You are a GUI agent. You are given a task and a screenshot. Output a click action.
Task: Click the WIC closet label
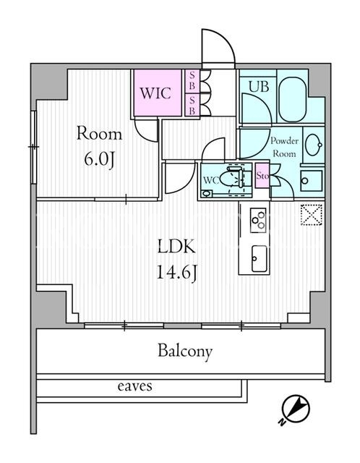(155, 93)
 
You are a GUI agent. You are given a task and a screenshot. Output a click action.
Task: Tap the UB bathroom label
(259, 87)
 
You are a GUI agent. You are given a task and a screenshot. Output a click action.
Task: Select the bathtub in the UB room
(293, 96)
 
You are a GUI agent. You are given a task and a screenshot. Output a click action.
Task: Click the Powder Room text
(285, 148)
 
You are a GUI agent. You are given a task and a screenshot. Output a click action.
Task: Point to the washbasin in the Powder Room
(314, 145)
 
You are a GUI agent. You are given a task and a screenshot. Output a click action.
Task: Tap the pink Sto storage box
(262, 176)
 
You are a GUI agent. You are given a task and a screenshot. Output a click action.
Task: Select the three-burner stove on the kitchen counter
(258, 220)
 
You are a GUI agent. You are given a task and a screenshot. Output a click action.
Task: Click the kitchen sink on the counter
(259, 259)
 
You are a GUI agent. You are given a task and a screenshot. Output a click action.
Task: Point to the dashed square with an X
(312, 215)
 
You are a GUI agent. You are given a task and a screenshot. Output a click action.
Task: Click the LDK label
(176, 247)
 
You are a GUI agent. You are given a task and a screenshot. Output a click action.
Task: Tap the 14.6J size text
(176, 273)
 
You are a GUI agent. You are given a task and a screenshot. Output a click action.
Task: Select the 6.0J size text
(99, 160)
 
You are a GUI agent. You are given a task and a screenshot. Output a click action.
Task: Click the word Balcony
(185, 352)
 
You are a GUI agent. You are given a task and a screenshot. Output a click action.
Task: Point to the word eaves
(135, 386)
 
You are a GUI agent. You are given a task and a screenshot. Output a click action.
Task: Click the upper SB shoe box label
(192, 81)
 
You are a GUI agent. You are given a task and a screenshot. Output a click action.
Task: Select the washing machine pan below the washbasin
(312, 180)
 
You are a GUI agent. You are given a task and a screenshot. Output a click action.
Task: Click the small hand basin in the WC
(207, 194)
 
